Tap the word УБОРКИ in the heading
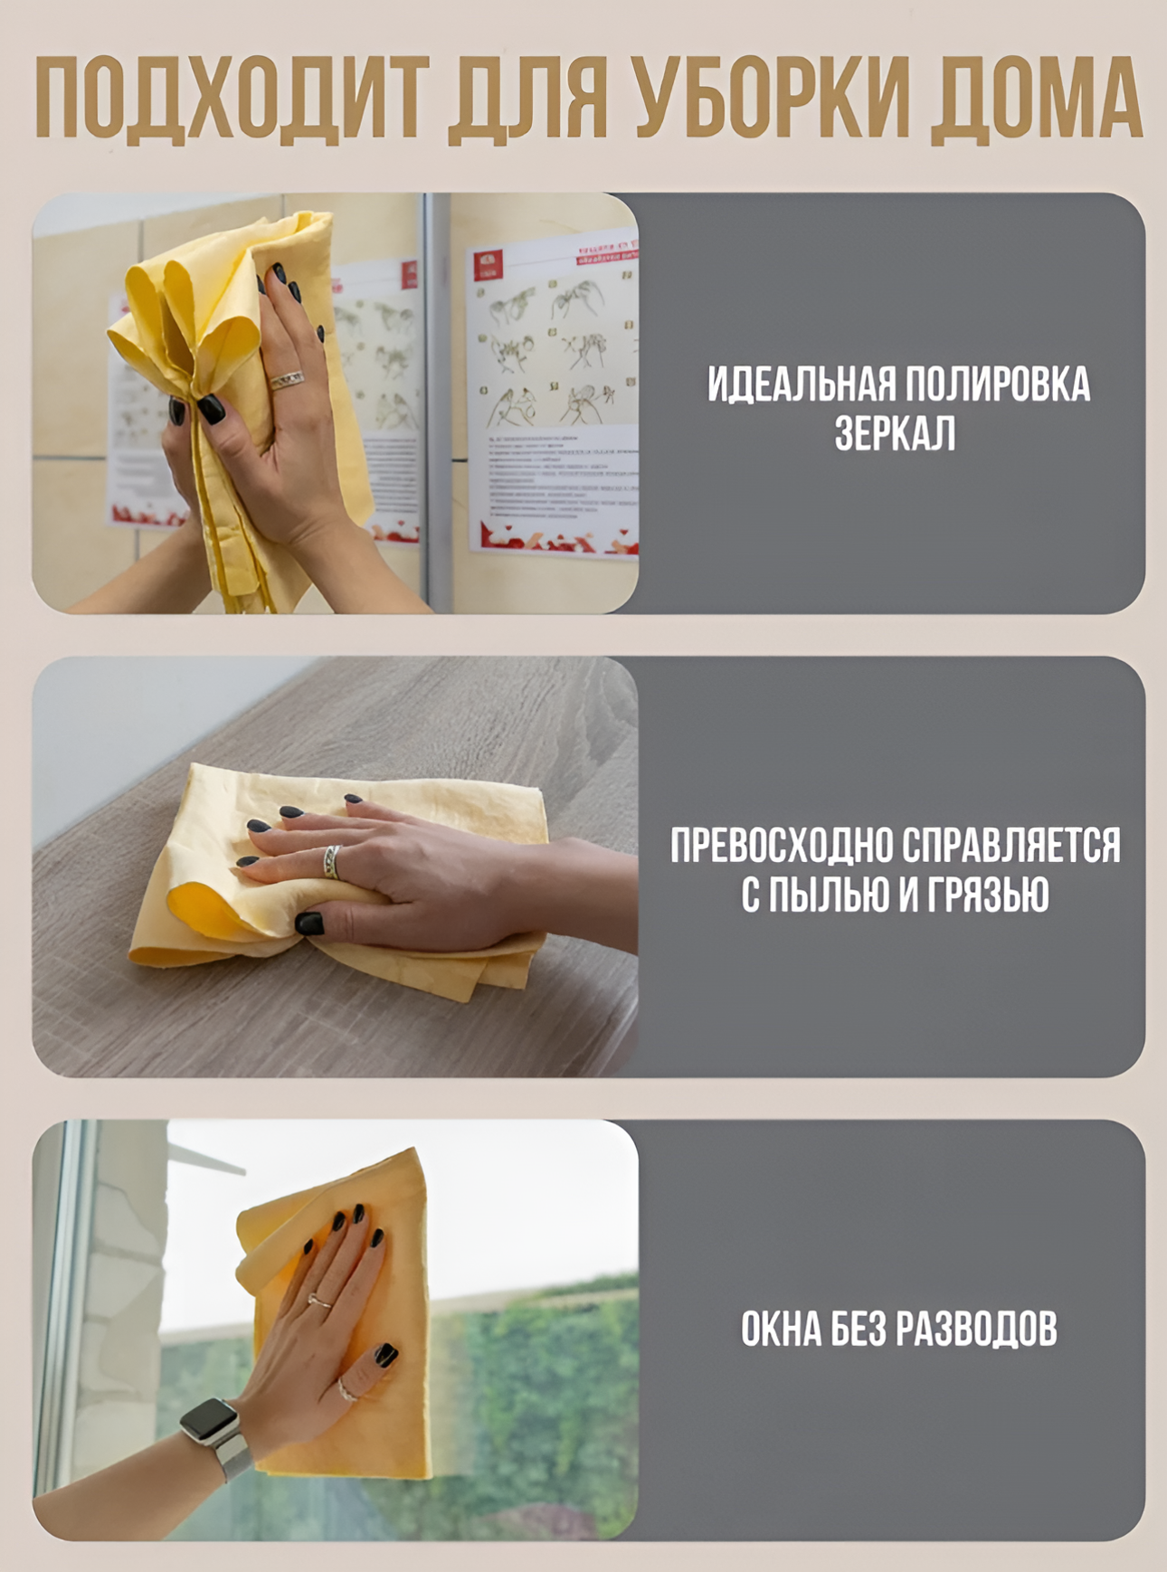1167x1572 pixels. point(770,99)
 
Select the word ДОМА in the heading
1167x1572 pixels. point(1035,99)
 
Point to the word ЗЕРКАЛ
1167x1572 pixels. point(895,434)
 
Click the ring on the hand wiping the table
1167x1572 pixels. point(332,861)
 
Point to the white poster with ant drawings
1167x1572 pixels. point(553,398)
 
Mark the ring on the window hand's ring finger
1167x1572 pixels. point(319,1301)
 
